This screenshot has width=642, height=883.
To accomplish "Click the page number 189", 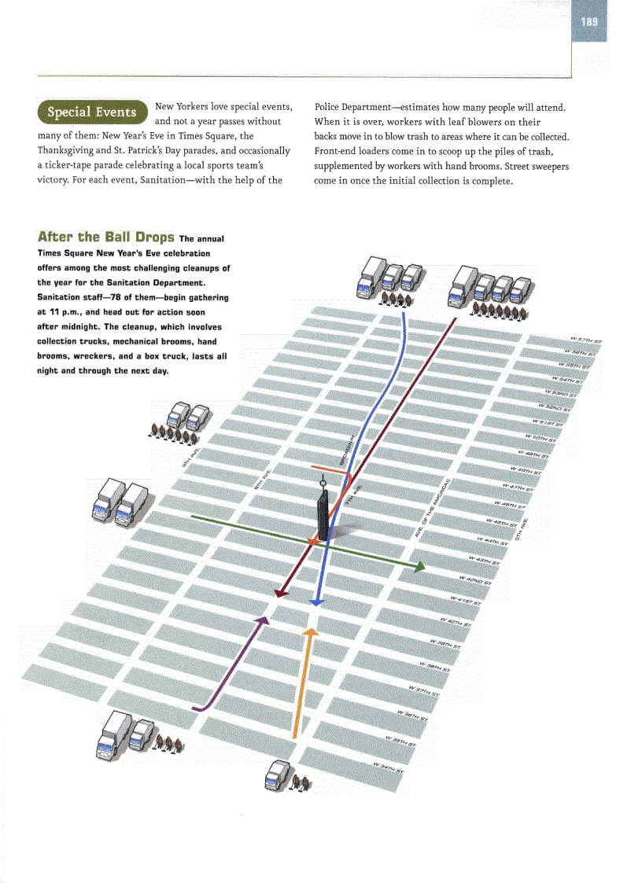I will point(589,21).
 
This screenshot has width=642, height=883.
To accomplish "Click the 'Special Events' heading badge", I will point(92,112).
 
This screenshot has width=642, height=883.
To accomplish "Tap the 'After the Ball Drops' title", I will point(105,237).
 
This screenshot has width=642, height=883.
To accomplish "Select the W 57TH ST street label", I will point(587,340).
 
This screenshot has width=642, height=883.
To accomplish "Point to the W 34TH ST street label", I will point(389,766).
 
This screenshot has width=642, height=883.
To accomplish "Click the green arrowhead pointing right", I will point(421,566).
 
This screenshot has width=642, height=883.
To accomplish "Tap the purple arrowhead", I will point(264,620).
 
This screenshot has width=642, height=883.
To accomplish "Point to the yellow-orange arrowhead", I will point(311,631).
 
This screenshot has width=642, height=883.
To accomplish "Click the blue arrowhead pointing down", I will point(315,602).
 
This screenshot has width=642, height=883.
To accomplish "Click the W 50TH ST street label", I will point(540,437).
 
